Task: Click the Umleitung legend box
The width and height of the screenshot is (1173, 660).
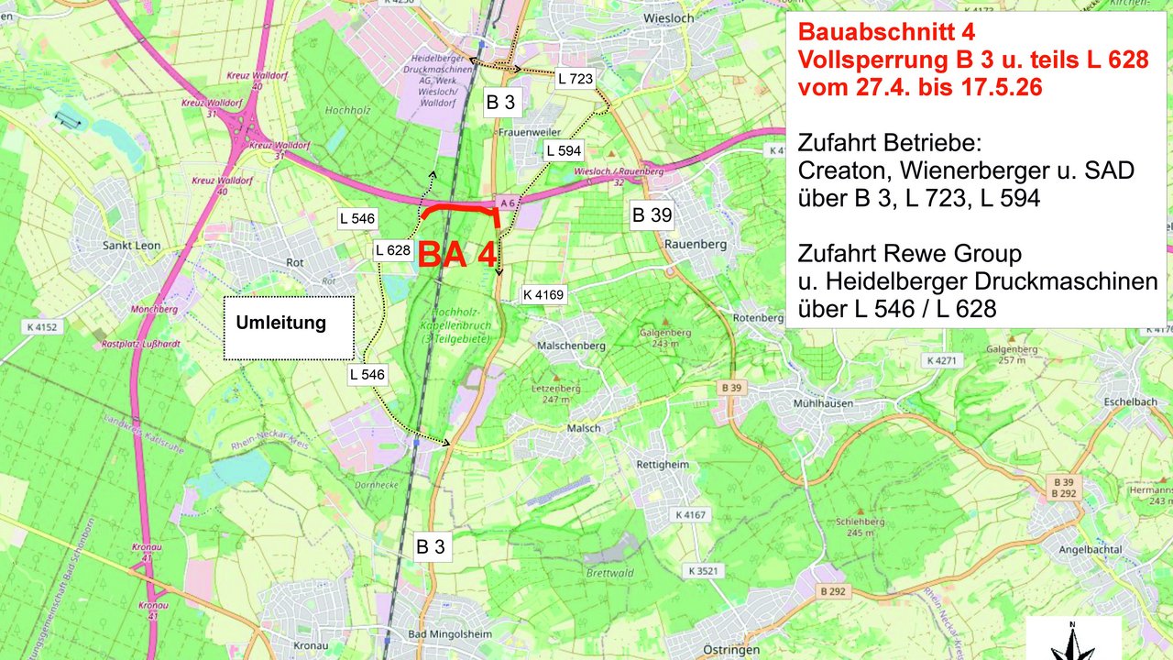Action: [x=288, y=327]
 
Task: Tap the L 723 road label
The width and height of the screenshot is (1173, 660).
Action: [x=576, y=79]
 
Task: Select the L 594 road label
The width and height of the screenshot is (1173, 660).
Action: [x=563, y=150]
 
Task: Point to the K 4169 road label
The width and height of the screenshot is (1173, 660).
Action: [x=543, y=294]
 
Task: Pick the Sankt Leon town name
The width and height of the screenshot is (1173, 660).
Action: [x=131, y=246]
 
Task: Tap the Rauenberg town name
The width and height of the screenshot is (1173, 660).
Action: [x=693, y=244]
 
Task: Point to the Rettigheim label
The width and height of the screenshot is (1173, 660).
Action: [x=662, y=465]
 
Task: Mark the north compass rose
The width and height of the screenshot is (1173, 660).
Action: [x=1072, y=642]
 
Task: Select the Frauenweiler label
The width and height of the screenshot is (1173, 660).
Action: [x=529, y=132]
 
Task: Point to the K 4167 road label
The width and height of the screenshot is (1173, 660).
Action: [x=691, y=515]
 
